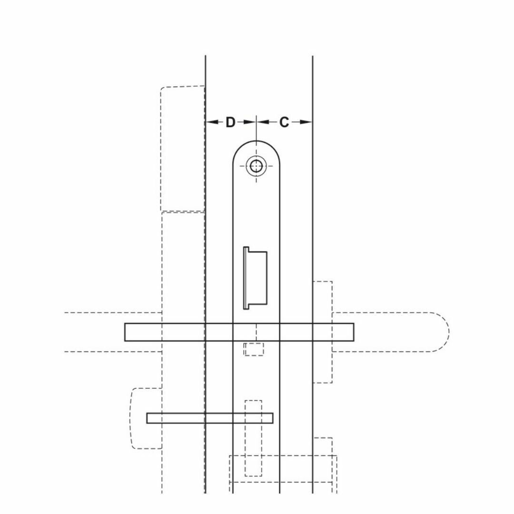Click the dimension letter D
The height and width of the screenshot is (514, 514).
click(x=230, y=122)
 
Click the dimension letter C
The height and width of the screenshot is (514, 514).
click(x=284, y=122)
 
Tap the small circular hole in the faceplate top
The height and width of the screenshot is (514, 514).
click(x=257, y=166)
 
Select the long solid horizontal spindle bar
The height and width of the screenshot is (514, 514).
click(x=239, y=332)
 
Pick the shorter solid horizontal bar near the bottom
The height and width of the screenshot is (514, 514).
click(x=210, y=418)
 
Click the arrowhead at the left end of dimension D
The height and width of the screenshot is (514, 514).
click(x=212, y=122)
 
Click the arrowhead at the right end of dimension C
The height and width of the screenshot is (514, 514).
click(x=306, y=122)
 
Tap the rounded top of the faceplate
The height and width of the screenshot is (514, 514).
click(x=257, y=141)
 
